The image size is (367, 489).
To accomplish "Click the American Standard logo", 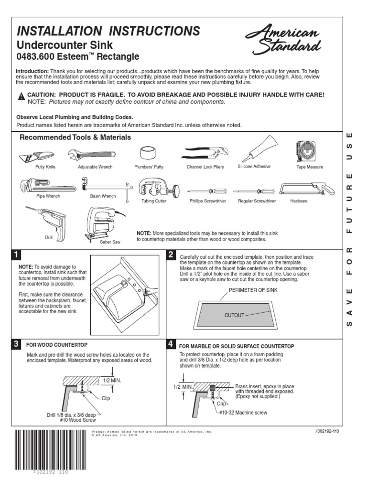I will pos(282,40).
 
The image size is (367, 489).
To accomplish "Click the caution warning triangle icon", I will pos(21,96).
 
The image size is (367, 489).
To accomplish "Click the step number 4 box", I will pos(171,344).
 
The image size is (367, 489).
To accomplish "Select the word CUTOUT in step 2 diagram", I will pos(234,315).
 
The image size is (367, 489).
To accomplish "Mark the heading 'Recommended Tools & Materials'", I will pos(75,138).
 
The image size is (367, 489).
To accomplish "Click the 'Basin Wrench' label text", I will pos(103,196).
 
